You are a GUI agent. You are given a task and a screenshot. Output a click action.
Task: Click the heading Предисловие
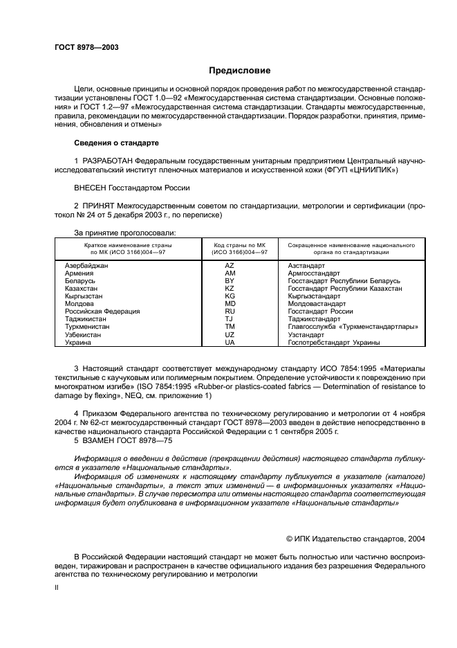point(240,71)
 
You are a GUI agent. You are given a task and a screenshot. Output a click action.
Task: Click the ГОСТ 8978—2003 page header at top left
point(86,47)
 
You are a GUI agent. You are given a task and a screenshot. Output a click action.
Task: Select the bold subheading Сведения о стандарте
point(116,143)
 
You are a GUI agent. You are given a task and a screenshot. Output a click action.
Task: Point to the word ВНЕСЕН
point(91,188)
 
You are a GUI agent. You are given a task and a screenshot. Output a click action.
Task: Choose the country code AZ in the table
point(230,266)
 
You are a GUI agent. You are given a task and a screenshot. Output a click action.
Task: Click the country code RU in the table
point(230,312)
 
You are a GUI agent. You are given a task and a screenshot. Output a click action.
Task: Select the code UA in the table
point(230,342)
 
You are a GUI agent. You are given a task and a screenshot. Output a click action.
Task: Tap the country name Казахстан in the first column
point(81,289)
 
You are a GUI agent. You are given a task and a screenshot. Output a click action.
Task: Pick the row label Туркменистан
point(86,327)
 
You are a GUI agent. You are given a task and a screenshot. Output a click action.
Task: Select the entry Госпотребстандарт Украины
point(333,342)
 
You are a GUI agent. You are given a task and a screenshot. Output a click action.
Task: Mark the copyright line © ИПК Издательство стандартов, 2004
point(355,538)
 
